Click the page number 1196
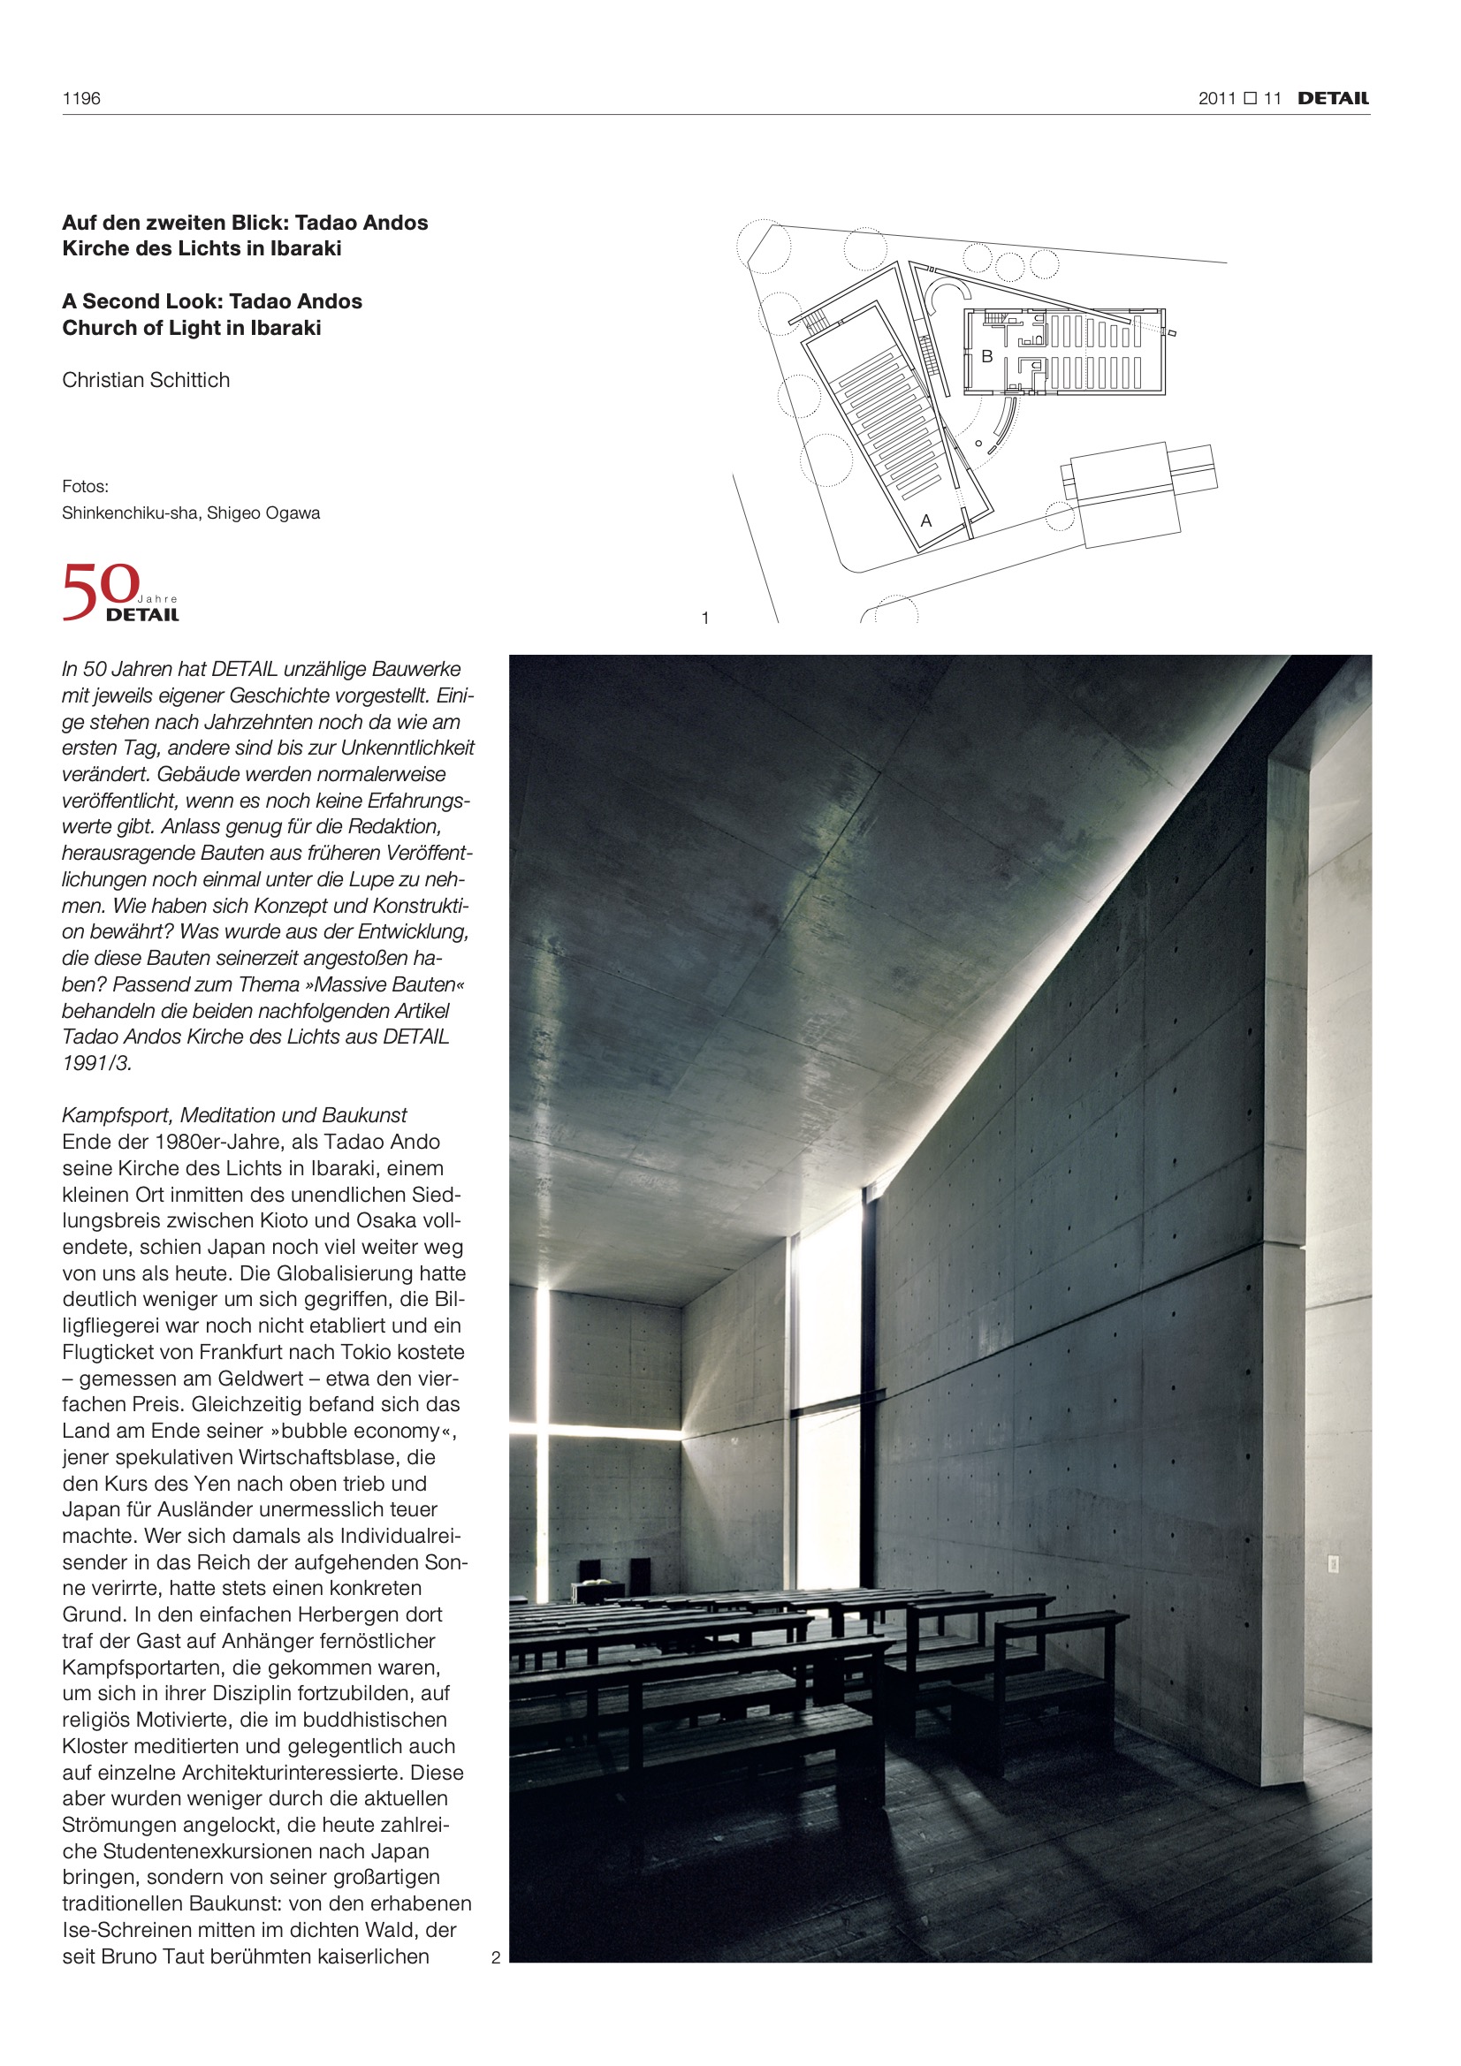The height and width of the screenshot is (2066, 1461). click(x=81, y=99)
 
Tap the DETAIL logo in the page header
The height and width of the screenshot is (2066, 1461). click(x=1332, y=99)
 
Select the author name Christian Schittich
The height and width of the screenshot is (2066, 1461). click(x=146, y=380)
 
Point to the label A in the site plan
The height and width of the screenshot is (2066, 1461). click(x=925, y=521)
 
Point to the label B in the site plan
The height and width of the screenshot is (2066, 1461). click(x=986, y=356)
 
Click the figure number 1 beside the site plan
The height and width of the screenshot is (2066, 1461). click(x=704, y=619)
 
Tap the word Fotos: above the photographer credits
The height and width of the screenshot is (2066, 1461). click(x=86, y=487)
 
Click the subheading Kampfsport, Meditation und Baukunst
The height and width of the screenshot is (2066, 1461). click(x=234, y=1115)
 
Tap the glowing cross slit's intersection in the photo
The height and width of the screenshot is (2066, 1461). click(x=543, y=1430)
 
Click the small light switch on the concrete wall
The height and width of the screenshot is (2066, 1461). click(x=1333, y=1564)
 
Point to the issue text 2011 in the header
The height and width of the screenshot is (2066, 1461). click(x=1217, y=99)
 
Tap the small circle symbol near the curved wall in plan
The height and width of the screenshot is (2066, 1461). click(x=978, y=443)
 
